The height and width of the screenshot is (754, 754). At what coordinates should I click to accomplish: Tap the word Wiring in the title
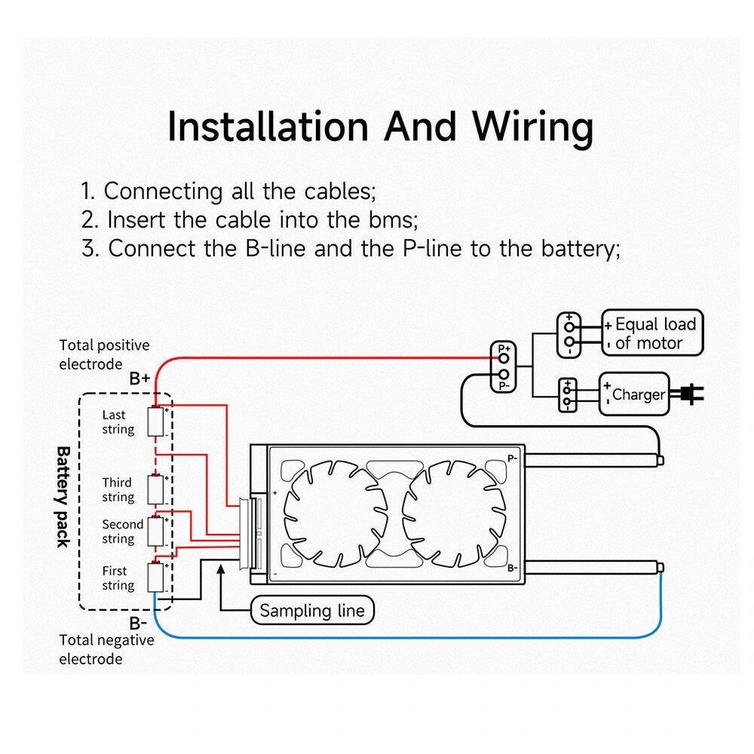pyautogui.click(x=532, y=127)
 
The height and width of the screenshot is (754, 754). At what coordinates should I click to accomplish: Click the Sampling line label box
pyautogui.click(x=311, y=610)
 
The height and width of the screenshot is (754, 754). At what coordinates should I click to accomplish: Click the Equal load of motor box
pyautogui.click(x=652, y=333)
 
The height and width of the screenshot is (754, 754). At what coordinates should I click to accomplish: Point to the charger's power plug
pyautogui.click(x=691, y=393)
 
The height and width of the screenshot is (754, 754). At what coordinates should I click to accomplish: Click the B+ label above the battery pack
pyautogui.click(x=139, y=379)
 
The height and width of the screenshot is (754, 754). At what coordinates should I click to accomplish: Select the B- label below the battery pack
pyautogui.click(x=137, y=623)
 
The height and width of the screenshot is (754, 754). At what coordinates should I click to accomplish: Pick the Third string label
pyautogui.click(x=118, y=490)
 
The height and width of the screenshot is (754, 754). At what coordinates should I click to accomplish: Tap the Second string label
pyautogui.click(x=122, y=532)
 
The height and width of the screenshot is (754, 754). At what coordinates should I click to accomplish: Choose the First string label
pyautogui.click(x=118, y=578)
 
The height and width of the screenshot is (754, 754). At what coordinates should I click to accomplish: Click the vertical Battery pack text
pyautogui.click(x=63, y=496)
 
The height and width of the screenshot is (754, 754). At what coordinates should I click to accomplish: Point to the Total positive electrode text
pyautogui.click(x=104, y=354)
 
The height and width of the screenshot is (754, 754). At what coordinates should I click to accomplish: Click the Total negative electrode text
pyautogui.click(x=106, y=649)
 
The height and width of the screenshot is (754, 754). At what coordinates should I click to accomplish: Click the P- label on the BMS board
pyautogui.click(x=512, y=458)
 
